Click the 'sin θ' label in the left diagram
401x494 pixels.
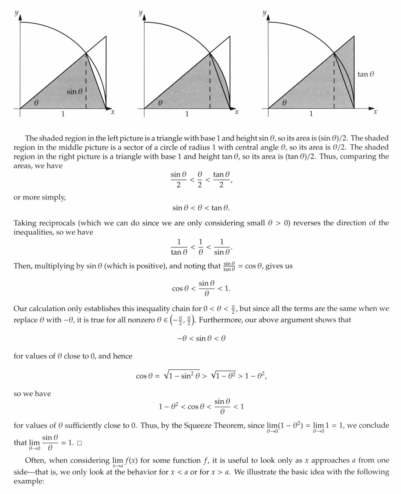pos(74,91)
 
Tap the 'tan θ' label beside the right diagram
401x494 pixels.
pos(366,74)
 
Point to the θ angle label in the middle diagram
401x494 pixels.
pos(160,103)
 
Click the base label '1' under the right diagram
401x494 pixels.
pos(311,114)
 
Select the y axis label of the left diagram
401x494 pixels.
pos(16,13)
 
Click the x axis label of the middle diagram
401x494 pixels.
pos(236,112)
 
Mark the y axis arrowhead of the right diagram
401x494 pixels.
pos(268,17)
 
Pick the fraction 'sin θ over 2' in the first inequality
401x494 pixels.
pos(178,179)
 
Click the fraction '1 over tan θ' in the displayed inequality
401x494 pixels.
pos(179,247)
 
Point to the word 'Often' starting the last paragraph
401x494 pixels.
pos(35,461)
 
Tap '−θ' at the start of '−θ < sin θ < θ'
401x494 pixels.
pos(181,338)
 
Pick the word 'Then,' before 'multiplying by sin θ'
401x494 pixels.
pos(23,266)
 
